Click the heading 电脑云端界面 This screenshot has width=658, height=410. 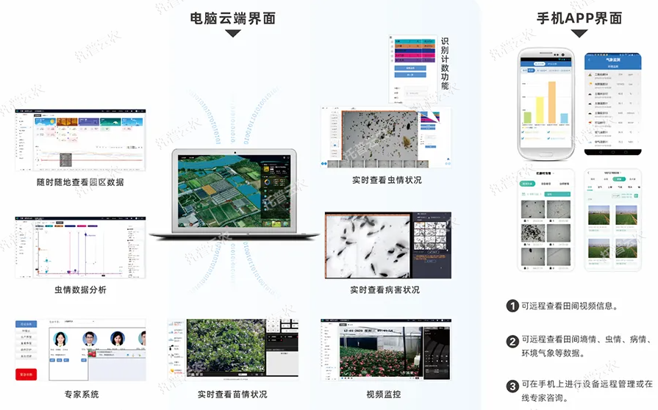tap(232, 18)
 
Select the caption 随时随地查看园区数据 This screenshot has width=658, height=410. tap(80, 181)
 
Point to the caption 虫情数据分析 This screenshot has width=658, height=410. tap(80, 290)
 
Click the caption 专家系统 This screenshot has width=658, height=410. tap(81, 395)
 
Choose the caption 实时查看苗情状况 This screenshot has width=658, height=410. tap(232, 395)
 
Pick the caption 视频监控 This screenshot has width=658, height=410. tap(385, 395)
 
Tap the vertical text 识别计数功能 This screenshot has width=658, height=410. tap(444, 63)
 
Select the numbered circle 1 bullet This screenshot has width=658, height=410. tap(512, 306)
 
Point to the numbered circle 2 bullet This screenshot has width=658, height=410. tap(512, 341)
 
